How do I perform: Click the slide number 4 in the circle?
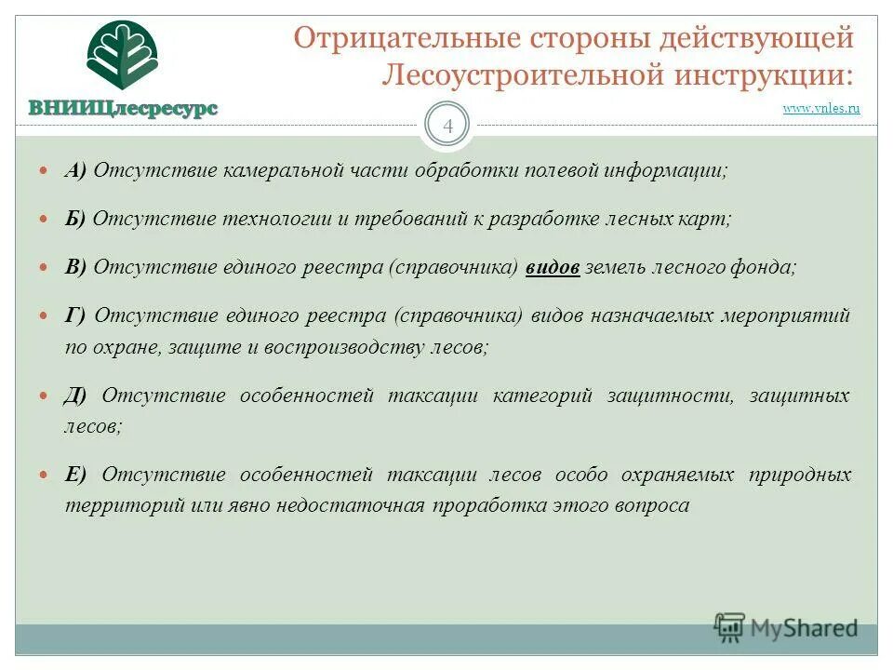447,127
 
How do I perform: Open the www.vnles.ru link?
821,109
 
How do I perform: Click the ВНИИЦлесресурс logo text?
123,108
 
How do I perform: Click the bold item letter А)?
75,170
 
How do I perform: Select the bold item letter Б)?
75,219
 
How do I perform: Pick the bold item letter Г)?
75,315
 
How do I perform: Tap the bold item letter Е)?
75,475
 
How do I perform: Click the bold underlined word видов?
553,267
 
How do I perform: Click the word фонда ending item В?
768,267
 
